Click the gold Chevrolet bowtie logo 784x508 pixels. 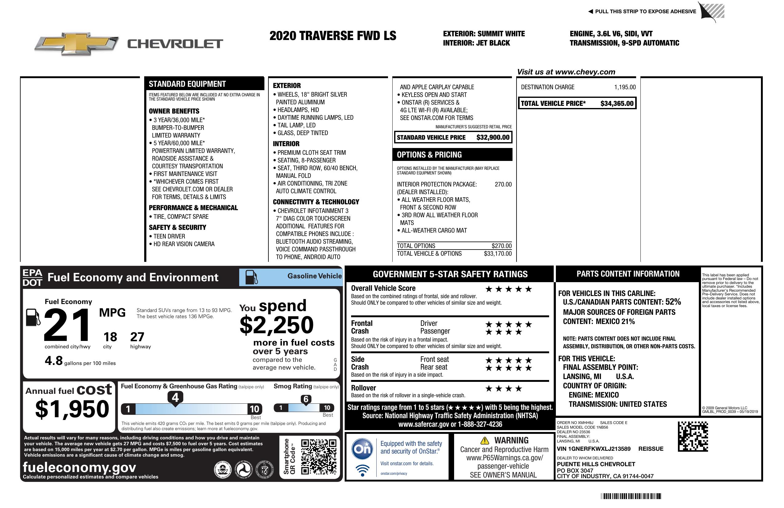tap(77, 43)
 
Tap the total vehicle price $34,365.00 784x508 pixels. tap(617, 103)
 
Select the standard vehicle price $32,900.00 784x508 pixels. tap(493, 138)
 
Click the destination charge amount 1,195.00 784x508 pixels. tap(624, 87)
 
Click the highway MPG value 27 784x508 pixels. tap(137, 337)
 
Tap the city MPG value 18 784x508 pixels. tap(110, 337)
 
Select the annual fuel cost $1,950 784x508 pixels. tap(72, 409)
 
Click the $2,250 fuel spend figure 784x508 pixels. tap(277, 325)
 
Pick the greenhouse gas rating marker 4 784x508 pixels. tap(175, 398)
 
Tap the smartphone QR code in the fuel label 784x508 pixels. tap(319, 456)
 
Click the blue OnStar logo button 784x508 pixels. tap(362, 449)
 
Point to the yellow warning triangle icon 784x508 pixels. tap(485, 440)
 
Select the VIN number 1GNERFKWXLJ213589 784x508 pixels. tap(594, 449)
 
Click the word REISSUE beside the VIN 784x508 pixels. tap(651, 449)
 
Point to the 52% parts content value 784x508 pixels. tap(673, 302)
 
